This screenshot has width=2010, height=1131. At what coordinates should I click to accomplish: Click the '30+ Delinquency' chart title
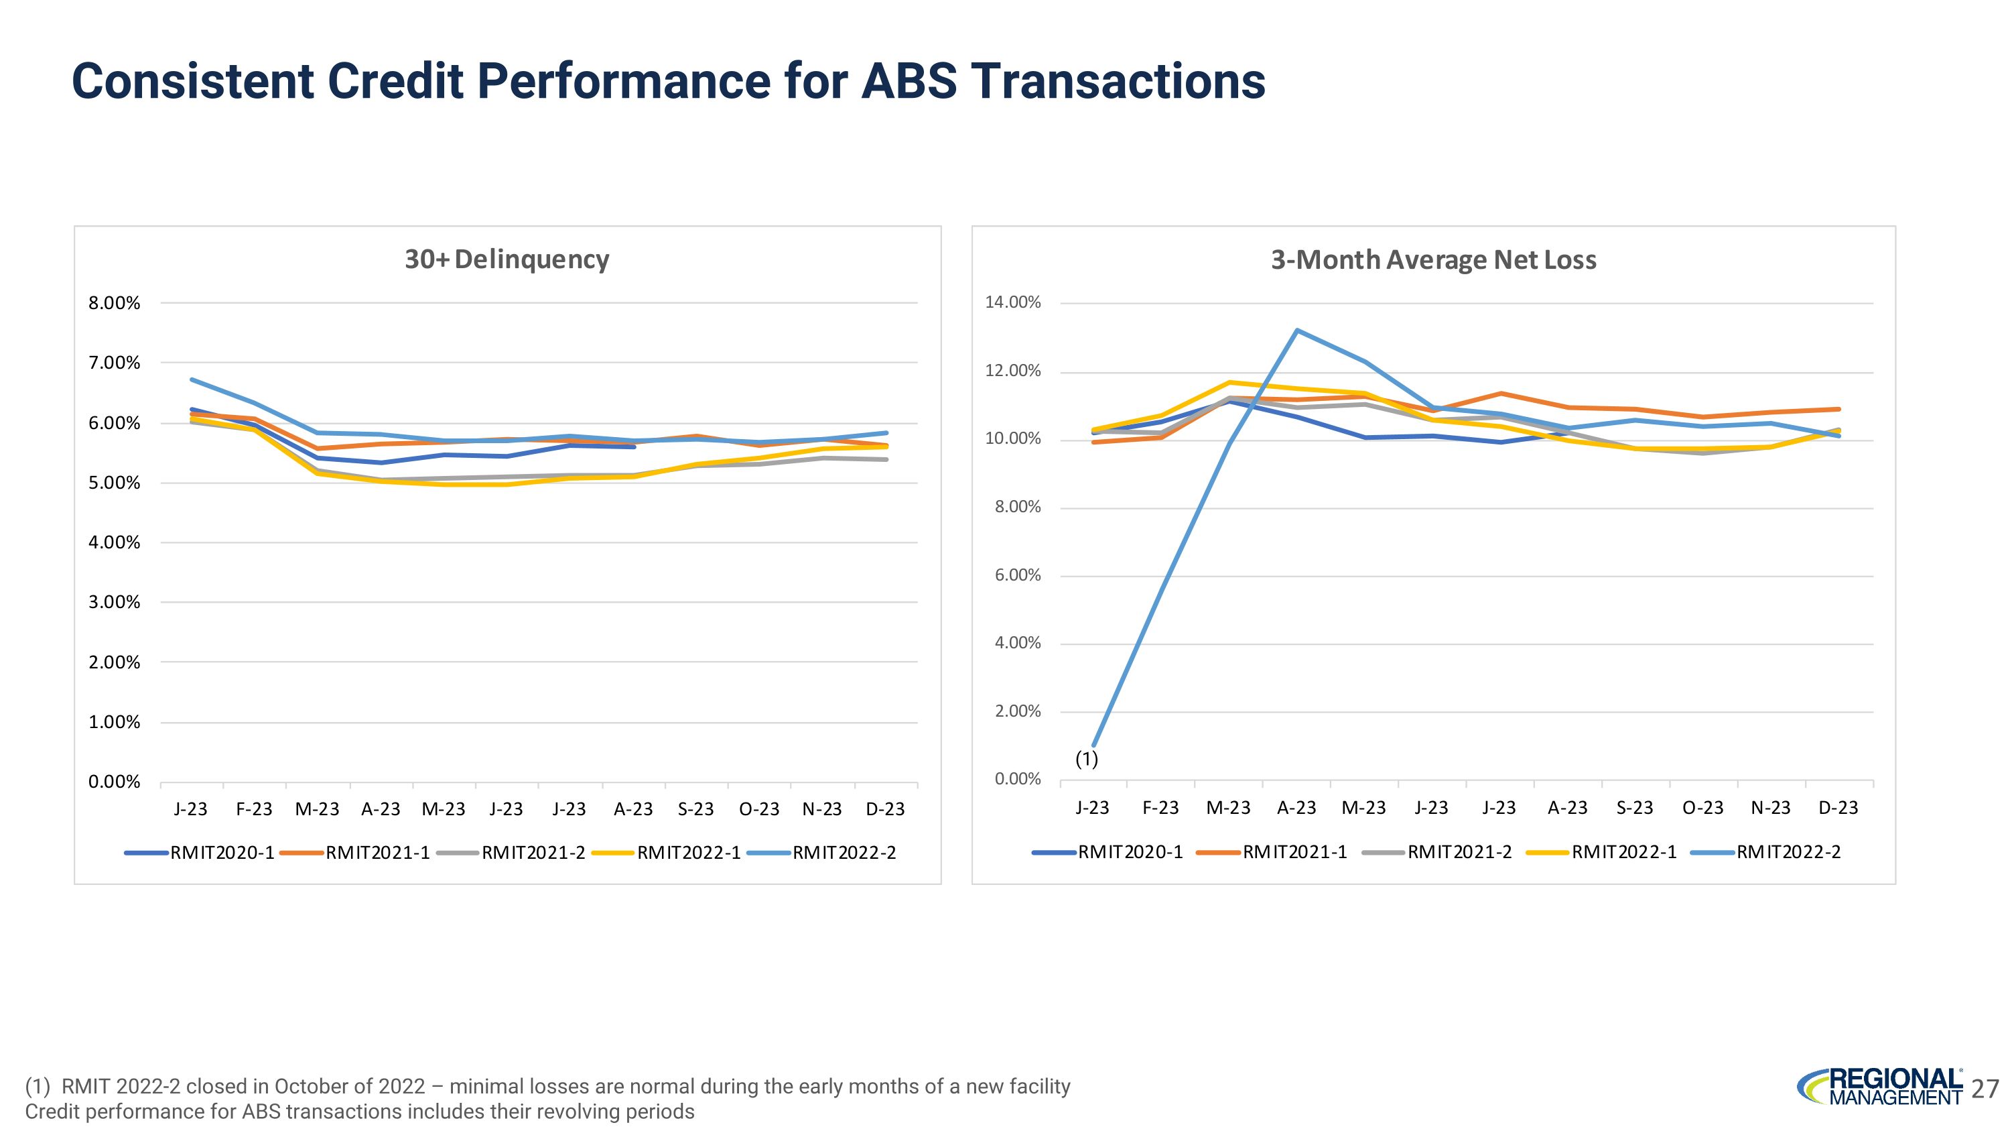pos(507,259)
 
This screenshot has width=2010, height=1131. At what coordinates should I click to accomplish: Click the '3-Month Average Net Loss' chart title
pos(1433,259)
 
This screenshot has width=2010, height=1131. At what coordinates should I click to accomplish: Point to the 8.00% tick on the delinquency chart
pos(114,303)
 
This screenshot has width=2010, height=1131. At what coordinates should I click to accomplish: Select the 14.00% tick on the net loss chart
pos(1013,303)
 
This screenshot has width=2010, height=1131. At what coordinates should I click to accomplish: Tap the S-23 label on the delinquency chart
pos(695,809)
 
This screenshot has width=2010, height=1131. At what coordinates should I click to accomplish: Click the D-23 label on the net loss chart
pos(1838,807)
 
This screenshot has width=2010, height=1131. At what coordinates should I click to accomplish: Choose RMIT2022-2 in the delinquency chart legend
pos(844,852)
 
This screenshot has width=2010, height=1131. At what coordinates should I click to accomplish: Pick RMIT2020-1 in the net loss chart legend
pos(1130,851)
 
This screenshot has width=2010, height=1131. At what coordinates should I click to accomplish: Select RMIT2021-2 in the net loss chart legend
pos(1459,851)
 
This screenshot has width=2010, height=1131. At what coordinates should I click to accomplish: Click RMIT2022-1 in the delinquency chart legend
pos(688,852)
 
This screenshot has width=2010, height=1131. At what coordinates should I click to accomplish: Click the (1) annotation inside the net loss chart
pos(1086,759)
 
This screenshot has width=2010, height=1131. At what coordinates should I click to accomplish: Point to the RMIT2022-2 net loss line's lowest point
pos(1094,746)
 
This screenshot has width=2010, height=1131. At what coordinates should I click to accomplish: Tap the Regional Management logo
pos(1881,1087)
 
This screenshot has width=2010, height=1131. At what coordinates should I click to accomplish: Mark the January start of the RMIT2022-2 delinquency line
pos(192,380)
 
